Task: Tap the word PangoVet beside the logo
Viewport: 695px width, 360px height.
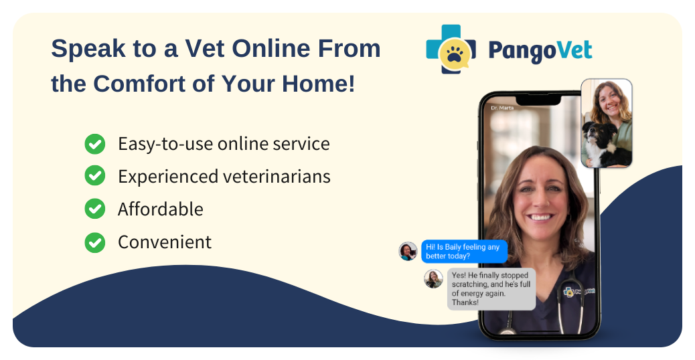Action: [540, 51]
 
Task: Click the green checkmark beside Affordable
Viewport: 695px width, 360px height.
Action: [95, 209]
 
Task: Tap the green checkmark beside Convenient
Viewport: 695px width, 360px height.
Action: [95, 242]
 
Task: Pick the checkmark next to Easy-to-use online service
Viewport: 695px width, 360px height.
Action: [95, 143]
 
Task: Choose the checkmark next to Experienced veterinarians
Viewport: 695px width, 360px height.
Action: [95, 176]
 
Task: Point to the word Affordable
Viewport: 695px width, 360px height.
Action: [160, 209]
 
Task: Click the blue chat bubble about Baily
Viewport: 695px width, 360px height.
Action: [463, 252]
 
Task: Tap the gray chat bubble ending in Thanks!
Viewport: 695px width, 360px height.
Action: [491, 289]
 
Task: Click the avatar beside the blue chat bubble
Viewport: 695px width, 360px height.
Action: [408, 252]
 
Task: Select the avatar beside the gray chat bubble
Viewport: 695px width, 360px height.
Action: [433, 278]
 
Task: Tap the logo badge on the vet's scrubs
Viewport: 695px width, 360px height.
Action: [571, 292]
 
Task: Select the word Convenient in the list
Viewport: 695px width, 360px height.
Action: [165, 242]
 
